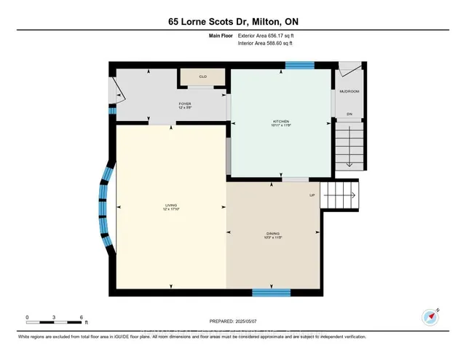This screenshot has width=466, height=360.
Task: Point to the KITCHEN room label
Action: point(281,122)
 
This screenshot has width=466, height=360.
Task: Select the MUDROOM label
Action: point(349,92)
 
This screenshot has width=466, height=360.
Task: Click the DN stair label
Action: point(349,114)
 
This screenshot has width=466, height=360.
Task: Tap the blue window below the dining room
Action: point(272,292)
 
